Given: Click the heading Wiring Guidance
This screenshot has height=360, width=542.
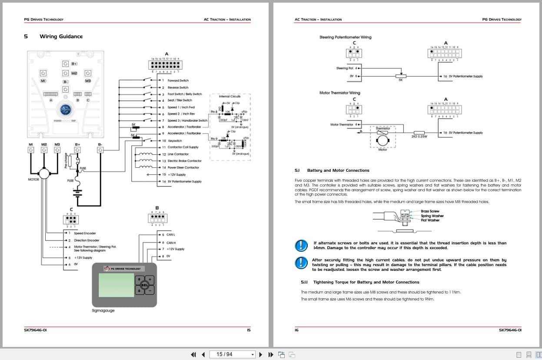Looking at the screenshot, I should click(61, 37).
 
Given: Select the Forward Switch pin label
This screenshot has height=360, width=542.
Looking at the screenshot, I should click(178, 80).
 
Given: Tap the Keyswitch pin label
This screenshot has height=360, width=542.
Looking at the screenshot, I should click(175, 141).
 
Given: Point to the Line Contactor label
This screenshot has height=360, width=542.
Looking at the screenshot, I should click(178, 154).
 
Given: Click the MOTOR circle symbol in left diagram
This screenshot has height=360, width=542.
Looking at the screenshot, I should click(44, 172).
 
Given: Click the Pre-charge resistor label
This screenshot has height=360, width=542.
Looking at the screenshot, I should click(67, 160).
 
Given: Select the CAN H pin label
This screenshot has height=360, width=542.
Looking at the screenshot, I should click(171, 243).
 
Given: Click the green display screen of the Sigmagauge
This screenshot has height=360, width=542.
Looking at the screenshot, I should click(116, 285).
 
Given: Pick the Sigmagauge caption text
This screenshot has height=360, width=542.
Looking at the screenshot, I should click(103, 310).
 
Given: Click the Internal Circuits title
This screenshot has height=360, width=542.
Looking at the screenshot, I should click(230, 97).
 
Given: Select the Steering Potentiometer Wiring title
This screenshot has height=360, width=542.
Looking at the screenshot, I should click(345, 37).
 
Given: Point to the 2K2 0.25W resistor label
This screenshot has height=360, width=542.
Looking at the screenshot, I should click(419, 137).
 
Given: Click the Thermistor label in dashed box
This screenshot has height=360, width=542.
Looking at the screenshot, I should click(382, 128).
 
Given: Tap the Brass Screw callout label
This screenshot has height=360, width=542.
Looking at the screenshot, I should click(430, 211).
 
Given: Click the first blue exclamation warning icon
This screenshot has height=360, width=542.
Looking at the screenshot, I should click(301, 246).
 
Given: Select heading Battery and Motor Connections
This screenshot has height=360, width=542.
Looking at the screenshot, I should click(338, 170).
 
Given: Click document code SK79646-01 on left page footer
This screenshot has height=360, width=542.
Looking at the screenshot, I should click(35, 330).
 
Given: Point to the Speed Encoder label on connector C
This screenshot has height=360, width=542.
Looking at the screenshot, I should click(85, 233).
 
